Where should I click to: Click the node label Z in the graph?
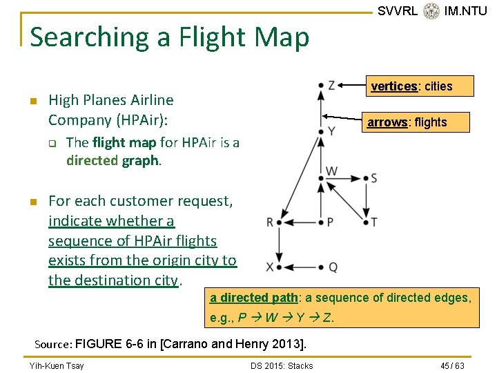(x=332, y=85)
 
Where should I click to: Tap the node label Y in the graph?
(x=332, y=130)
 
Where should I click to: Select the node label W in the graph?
(x=332, y=170)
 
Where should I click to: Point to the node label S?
(x=374, y=178)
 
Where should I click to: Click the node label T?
(x=374, y=222)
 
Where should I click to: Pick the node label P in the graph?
(x=331, y=222)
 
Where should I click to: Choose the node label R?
(x=269, y=222)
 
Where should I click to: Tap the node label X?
(x=269, y=267)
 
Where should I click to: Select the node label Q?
(x=333, y=267)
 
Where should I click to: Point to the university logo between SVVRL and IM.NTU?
(x=431, y=11)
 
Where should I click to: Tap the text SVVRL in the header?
(x=397, y=11)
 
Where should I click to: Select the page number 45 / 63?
(x=453, y=365)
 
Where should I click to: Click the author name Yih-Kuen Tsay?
(x=57, y=365)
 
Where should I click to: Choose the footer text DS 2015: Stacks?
(x=282, y=365)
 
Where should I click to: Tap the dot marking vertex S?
(x=364, y=178)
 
